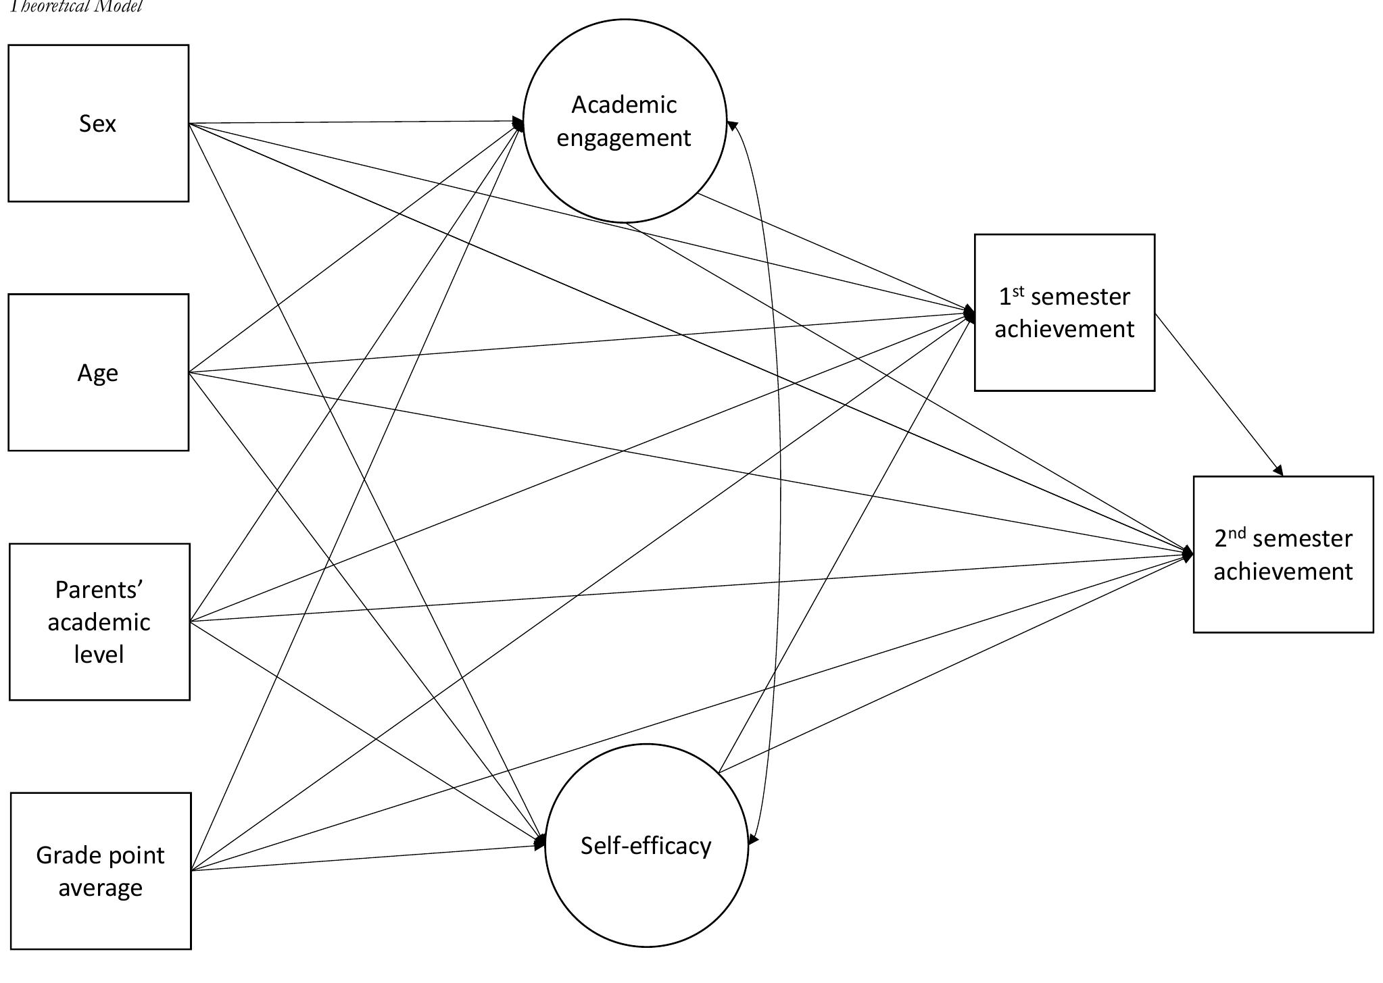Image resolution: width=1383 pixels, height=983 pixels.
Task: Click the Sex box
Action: click(98, 123)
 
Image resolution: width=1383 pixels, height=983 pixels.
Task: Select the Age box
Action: click(98, 372)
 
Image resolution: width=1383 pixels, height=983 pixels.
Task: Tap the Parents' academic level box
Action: click(99, 622)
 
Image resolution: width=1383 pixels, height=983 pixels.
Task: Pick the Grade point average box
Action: click(101, 871)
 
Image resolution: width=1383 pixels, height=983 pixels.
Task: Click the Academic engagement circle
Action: click(625, 121)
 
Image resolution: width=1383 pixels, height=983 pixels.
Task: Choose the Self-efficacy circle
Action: click(646, 845)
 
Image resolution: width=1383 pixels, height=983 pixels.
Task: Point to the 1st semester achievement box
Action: click(1064, 312)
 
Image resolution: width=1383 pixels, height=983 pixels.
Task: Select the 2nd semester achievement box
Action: click(1283, 554)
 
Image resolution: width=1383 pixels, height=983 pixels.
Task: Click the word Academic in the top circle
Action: click(624, 105)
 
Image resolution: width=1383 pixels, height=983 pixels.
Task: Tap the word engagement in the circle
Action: click(624, 138)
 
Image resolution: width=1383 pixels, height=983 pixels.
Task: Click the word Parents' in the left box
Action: click(99, 590)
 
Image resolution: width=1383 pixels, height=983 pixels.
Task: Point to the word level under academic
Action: click(99, 654)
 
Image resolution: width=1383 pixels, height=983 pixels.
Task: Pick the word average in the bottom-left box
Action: click(100, 887)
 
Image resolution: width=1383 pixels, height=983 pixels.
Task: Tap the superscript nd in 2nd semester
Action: click(1237, 533)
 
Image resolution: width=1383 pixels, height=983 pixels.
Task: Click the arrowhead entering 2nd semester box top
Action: click(1278, 471)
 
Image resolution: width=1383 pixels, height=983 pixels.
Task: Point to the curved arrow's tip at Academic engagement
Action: click(731, 125)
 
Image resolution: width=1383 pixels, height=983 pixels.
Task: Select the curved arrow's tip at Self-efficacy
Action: click(753, 840)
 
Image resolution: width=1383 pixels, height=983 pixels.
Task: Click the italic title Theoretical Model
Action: click(74, 7)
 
